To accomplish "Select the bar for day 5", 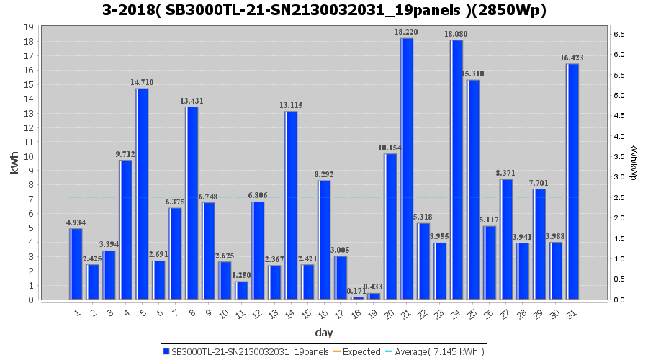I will [143, 194].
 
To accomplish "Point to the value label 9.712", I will [125, 154].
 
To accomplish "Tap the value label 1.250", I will [241, 275].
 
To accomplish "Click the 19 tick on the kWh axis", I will [29, 27].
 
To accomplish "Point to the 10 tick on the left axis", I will [29, 156].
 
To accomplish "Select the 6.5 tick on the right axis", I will [618, 34].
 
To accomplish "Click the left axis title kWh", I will [14, 163].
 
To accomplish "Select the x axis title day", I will [324, 333].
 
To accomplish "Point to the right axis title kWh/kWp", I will [634, 163].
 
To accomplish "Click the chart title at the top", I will [324, 10].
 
